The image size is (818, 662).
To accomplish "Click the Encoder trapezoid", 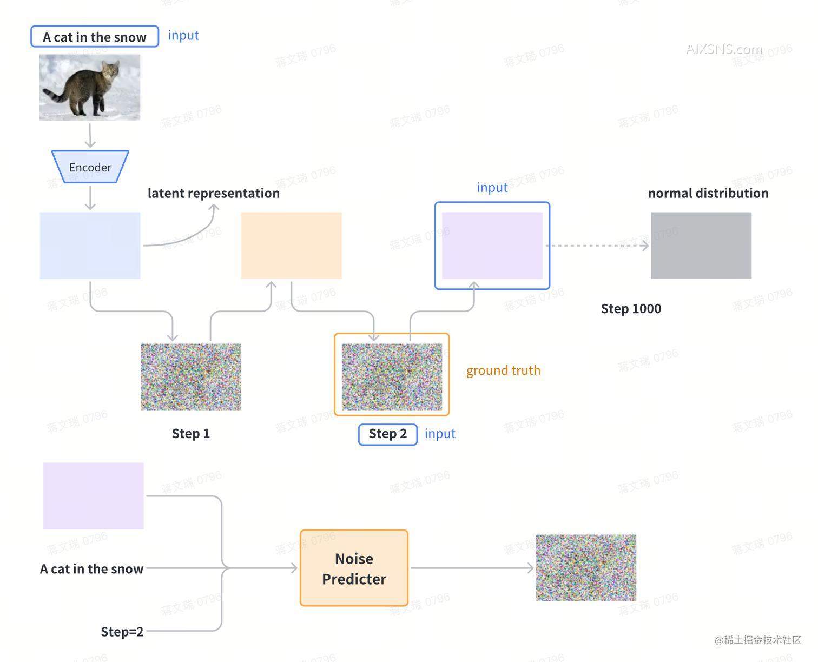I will tap(90, 167).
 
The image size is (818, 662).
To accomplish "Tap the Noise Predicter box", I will tap(354, 568).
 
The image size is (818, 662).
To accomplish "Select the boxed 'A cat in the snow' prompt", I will tap(95, 37).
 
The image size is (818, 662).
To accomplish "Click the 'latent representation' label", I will tap(213, 193).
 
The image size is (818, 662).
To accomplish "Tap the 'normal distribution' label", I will tap(708, 193).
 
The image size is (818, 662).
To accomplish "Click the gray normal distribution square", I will tap(701, 246).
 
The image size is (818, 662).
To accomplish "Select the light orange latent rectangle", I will tap(291, 246).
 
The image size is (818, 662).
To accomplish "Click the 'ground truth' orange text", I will tap(503, 370).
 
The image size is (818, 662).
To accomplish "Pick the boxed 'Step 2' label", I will tap(387, 434).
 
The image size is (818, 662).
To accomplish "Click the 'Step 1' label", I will tap(190, 434).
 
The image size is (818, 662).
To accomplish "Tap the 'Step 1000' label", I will tap(631, 309).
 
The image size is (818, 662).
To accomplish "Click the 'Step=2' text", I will tap(122, 632).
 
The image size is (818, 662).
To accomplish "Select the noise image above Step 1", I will tap(190, 376).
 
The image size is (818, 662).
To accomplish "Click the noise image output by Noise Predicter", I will tap(586, 568).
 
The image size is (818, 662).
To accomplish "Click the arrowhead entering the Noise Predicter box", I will tap(294, 568).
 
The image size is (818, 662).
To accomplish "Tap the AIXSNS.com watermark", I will tap(724, 49).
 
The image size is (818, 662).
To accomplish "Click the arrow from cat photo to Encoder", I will tap(90, 135).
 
